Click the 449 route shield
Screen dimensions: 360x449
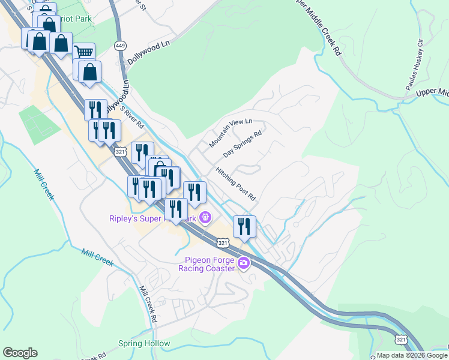[x=120, y=46]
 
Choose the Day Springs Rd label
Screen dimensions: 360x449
[x=243, y=145]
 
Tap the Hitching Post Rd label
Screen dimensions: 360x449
[x=236, y=184]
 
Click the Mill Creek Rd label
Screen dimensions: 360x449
[x=148, y=304]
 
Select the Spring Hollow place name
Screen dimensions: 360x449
[x=144, y=344]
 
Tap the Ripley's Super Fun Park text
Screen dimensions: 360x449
[x=154, y=218]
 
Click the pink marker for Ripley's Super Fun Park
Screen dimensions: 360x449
[x=205, y=217]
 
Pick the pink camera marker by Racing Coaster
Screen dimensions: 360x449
[x=244, y=263]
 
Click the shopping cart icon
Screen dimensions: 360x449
[x=84, y=52]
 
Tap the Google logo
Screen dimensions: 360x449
[x=20, y=353]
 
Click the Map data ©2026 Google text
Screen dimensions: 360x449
[x=412, y=355]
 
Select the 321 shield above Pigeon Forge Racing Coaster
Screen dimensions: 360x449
[x=223, y=242]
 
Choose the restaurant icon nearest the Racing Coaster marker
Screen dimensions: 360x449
[x=244, y=226]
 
